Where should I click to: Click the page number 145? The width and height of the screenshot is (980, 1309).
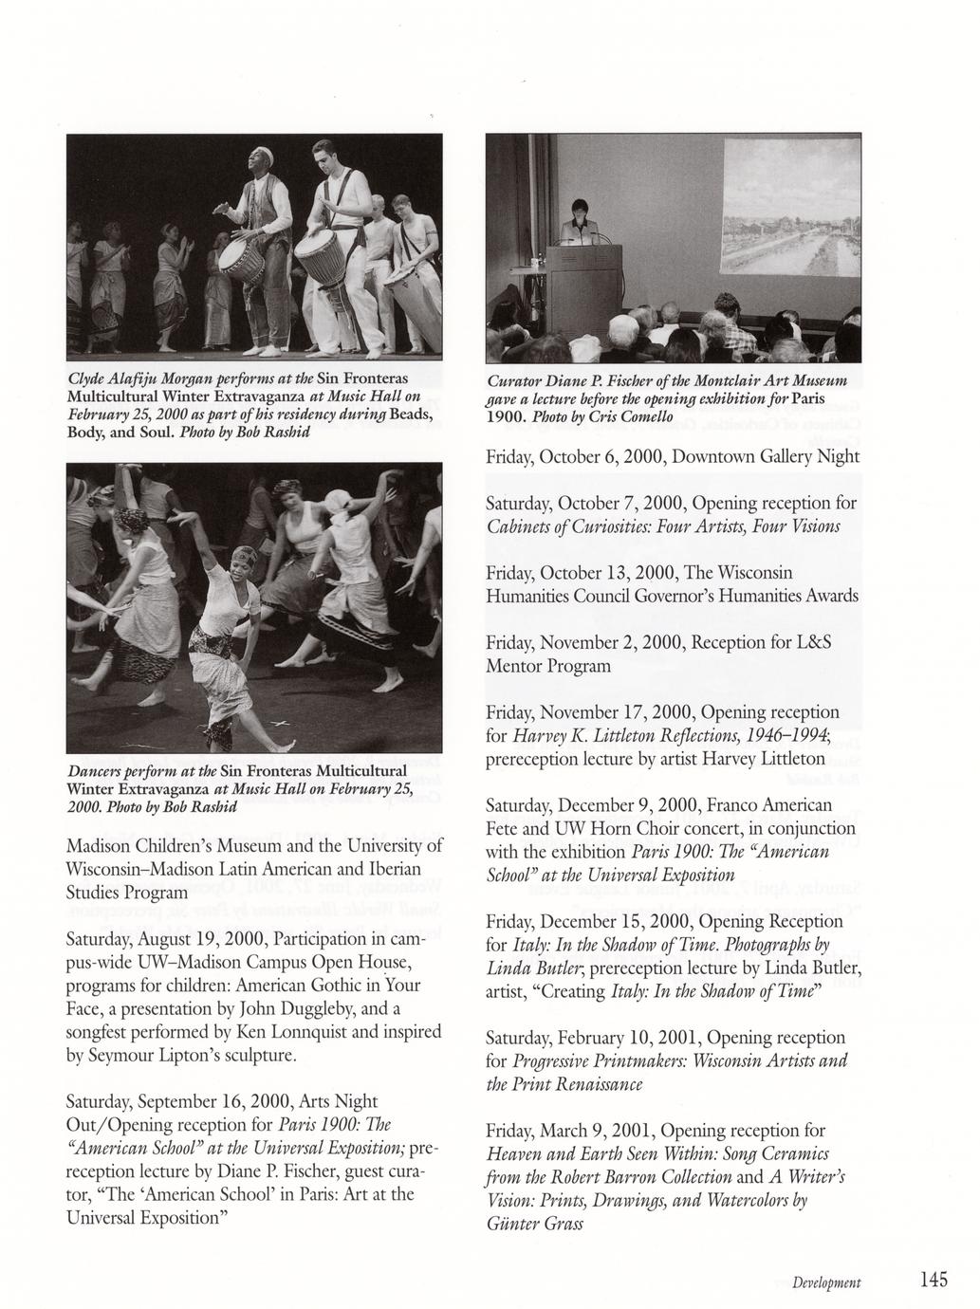point(934,1281)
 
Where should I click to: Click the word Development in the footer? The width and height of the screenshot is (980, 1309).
point(827,1282)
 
